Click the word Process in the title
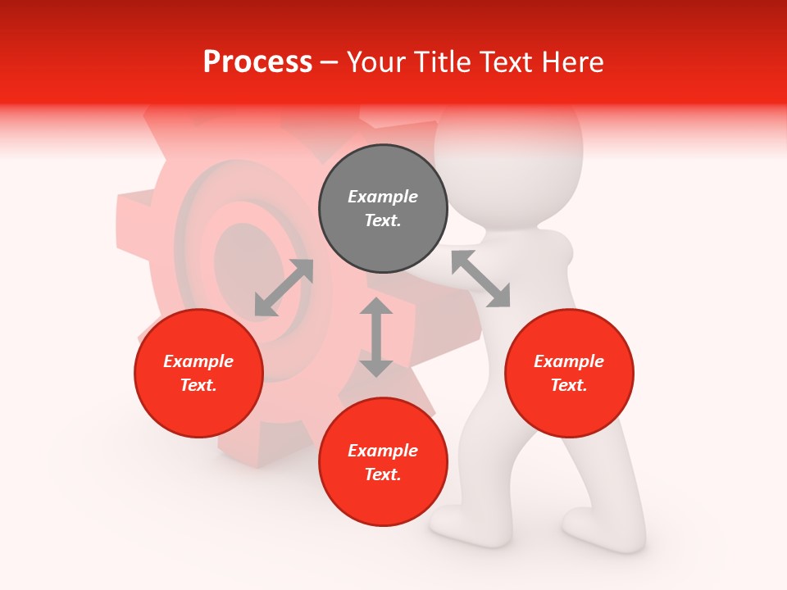click(x=257, y=62)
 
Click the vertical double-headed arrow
click(x=376, y=337)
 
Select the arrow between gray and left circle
click(x=284, y=288)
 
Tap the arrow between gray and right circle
click(x=480, y=279)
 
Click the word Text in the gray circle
click(x=382, y=220)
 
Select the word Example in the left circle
click(x=198, y=361)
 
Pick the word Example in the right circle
click(x=569, y=361)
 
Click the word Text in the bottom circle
click(x=382, y=474)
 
